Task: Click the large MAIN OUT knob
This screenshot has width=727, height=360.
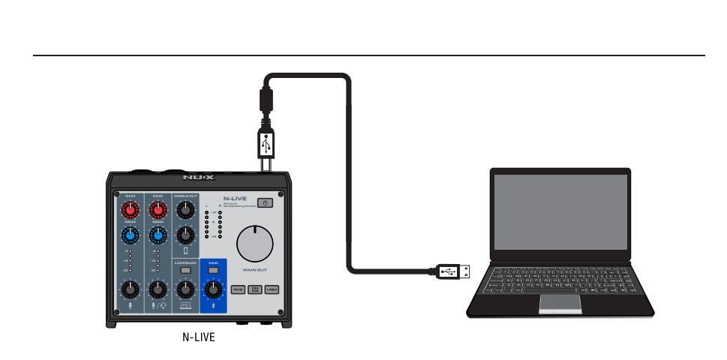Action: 255,244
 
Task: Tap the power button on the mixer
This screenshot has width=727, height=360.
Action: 266,203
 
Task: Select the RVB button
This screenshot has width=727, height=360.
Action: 238,289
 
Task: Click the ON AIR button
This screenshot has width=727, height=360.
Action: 255,289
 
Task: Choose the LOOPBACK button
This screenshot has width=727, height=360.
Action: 185,270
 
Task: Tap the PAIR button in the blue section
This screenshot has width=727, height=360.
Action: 213,270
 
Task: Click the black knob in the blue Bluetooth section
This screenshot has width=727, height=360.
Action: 213,289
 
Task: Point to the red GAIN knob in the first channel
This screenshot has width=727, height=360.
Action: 131,209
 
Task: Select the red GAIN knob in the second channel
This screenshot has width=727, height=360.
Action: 158,209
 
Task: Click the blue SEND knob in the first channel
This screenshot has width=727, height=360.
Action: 131,235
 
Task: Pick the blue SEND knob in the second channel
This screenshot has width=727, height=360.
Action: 158,235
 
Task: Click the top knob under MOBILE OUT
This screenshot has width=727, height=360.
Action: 185,210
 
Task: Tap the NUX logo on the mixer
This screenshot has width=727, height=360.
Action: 198,178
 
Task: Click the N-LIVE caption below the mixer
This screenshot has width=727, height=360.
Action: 199,337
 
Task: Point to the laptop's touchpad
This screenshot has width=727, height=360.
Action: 560,302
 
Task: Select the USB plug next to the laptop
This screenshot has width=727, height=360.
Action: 454,271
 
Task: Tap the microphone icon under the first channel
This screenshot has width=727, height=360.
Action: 130,305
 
